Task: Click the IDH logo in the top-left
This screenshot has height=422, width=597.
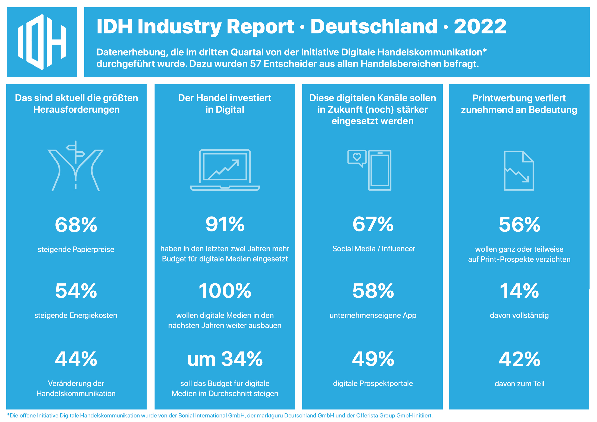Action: (x=42, y=42)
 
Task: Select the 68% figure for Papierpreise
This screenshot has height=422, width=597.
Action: (x=76, y=225)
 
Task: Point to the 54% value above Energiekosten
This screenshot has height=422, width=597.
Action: (x=76, y=291)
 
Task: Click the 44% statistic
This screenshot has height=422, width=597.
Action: (x=76, y=359)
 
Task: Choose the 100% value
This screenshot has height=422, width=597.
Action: (x=225, y=291)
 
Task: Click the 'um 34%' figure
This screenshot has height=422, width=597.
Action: (x=225, y=359)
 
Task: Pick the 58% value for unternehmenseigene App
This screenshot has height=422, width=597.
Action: (x=373, y=291)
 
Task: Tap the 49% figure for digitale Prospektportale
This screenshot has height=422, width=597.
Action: (x=373, y=359)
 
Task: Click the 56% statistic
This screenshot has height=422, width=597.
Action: (x=519, y=225)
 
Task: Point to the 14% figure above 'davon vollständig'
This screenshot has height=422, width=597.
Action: (x=519, y=291)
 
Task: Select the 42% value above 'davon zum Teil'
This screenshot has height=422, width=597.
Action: (x=519, y=359)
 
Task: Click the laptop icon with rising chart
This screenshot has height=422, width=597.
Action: (x=225, y=170)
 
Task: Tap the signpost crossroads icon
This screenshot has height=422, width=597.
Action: (x=76, y=166)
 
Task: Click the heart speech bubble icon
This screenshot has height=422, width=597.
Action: (x=357, y=159)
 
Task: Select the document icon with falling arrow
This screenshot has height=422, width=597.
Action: (x=519, y=171)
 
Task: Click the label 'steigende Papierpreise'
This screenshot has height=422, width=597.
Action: (x=76, y=249)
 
